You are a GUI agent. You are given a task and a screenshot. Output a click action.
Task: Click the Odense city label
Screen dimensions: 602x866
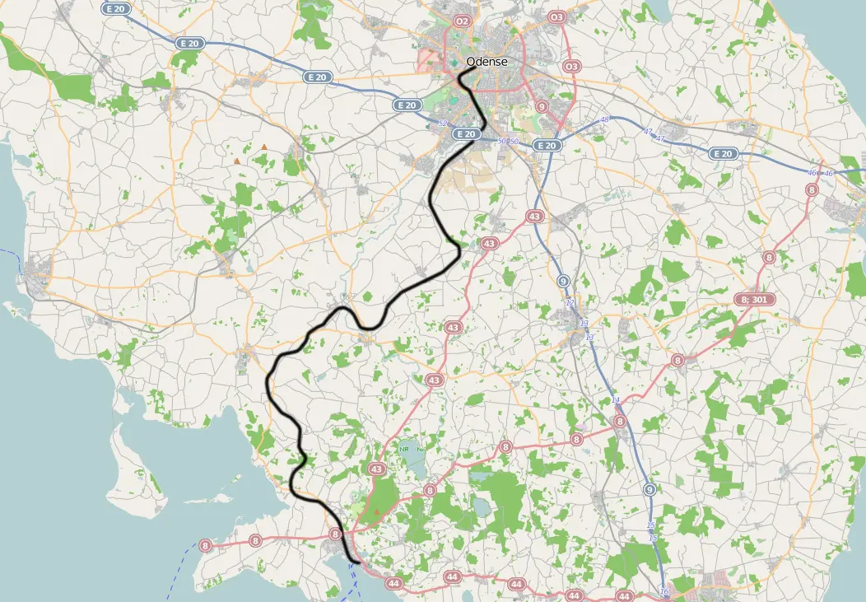(x=487, y=62)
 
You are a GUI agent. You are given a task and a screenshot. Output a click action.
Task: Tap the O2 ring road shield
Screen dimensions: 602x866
(x=462, y=21)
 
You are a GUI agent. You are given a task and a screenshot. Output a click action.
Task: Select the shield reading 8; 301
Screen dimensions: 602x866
(x=752, y=300)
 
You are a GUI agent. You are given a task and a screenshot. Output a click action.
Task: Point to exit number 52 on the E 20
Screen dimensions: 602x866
(x=443, y=124)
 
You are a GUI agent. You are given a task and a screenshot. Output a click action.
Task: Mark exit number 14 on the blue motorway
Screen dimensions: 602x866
(x=616, y=400)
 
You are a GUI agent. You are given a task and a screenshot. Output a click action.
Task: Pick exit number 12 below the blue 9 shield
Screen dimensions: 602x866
(x=569, y=303)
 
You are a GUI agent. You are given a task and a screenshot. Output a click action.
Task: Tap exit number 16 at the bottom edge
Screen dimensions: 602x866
(x=664, y=592)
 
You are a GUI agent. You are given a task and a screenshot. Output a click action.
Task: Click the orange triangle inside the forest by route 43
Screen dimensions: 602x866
(x=377, y=511)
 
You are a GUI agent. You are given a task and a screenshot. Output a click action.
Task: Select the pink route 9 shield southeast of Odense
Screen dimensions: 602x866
(x=541, y=106)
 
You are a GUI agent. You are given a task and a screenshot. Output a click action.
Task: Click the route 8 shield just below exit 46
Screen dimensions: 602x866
(x=812, y=189)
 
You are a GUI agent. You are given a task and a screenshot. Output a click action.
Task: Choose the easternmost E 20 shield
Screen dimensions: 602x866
(x=723, y=153)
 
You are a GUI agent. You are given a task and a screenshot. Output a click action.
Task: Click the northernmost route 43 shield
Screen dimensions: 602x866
(x=535, y=216)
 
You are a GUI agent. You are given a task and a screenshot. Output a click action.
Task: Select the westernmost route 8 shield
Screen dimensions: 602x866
(x=205, y=545)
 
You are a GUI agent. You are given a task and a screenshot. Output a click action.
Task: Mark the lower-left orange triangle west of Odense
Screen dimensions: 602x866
(x=237, y=161)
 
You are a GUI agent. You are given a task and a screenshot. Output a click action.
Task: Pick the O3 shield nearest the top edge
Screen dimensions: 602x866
(x=557, y=16)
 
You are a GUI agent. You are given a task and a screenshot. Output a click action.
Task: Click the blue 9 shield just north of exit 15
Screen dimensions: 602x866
(x=649, y=490)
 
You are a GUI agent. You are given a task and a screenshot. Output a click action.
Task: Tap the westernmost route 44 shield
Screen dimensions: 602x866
(x=394, y=584)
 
